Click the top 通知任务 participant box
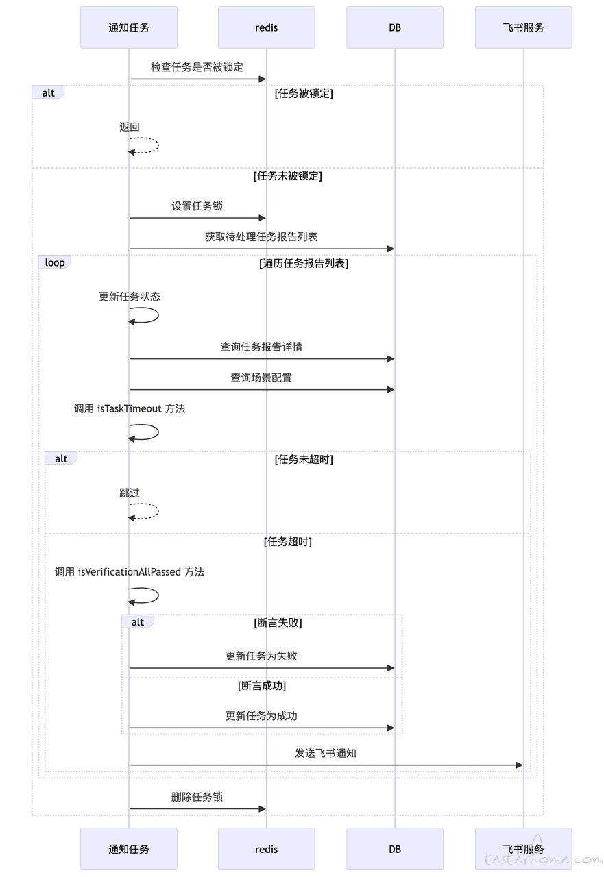coord(128,27)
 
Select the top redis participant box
coord(267,27)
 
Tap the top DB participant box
coord(395,27)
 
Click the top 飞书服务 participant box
coord(523,27)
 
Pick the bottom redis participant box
coord(267,849)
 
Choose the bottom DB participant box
coord(395,849)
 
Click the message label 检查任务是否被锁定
coord(197,67)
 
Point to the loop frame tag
coord(54,262)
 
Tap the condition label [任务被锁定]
coord(304,94)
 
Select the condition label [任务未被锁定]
coord(288,176)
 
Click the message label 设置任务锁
coord(197,206)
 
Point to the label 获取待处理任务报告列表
coord(261,237)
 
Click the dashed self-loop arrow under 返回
coord(158,145)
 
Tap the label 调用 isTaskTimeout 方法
coord(130,409)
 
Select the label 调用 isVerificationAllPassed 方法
coord(130,572)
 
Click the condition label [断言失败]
coord(278,623)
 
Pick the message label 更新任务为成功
coord(261,716)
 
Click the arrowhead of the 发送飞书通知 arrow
coord(520,765)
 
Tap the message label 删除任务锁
coord(197,797)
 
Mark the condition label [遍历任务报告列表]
coord(304,263)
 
